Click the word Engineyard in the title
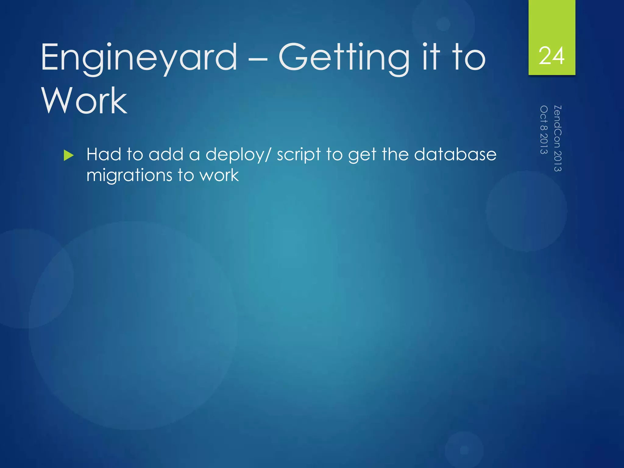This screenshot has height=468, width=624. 139,58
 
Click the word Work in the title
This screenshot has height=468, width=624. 84,101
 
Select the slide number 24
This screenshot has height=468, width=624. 551,56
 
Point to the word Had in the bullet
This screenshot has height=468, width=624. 104,154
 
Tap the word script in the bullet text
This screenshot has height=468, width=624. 299,155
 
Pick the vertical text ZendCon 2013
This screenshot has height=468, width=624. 558,139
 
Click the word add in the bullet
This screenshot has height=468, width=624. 166,154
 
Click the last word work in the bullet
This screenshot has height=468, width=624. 219,175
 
